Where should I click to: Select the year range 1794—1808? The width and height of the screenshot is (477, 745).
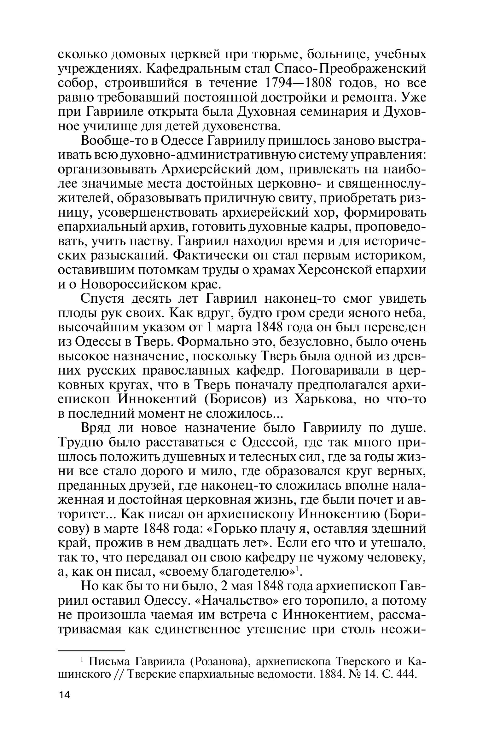(297, 83)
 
